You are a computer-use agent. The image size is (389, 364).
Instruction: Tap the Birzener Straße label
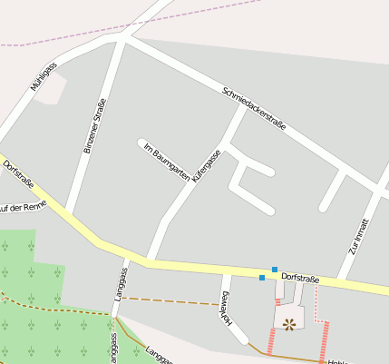(x=94, y=125)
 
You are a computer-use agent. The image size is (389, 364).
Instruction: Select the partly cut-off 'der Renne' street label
(x=22, y=207)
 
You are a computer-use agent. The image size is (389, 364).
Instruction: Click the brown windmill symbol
(x=289, y=323)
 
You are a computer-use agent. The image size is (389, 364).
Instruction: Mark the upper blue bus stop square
(x=275, y=270)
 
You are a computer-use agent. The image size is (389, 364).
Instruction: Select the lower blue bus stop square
(x=262, y=278)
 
